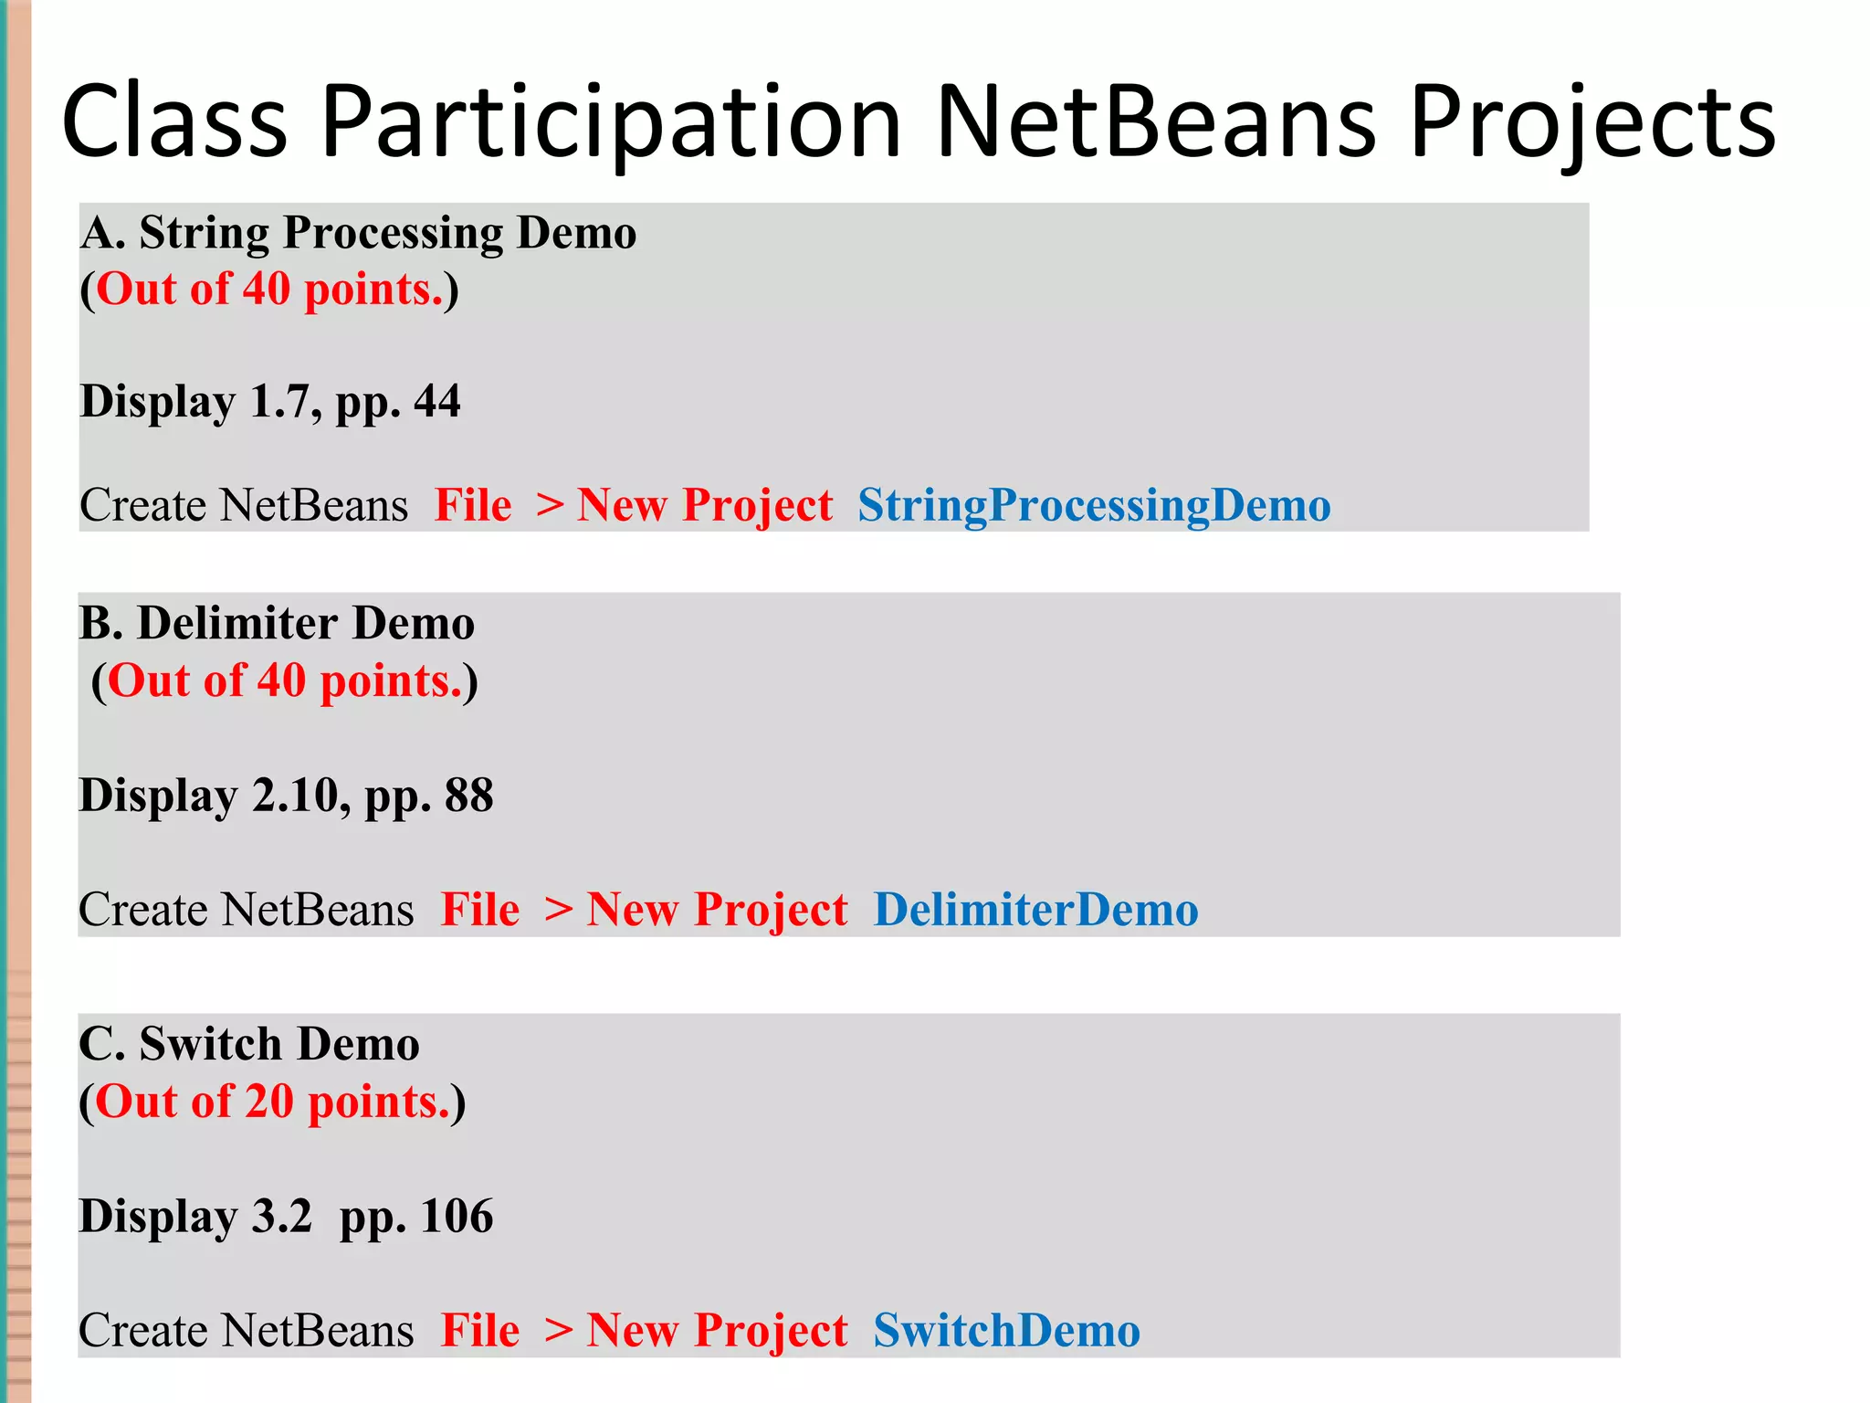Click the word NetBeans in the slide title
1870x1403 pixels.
(x=1156, y=121)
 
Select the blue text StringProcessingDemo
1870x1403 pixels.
(x=1094, y=505)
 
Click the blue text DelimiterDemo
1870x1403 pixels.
(x=1035, y=910)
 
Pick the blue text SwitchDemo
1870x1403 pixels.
(x=1006, y=1330)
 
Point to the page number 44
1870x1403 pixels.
(x=436, y=401)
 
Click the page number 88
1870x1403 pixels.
(x=468, y=795)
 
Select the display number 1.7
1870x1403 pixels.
(x=284, y=401)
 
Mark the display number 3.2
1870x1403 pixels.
(x=281, y=1216)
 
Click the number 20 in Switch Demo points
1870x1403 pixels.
(x=268, y=1102)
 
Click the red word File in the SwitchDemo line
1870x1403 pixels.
(x=480, y=1330)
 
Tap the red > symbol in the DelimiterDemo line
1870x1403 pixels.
(x=558, y=910)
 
